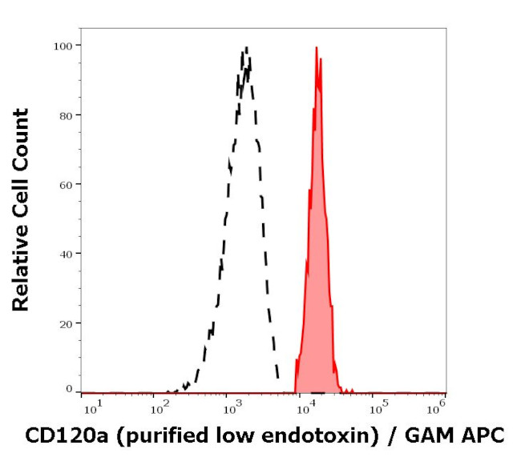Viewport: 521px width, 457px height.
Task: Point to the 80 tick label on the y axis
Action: [x=66, y=114]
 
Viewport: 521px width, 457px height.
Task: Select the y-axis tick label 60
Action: [x=66, y=184]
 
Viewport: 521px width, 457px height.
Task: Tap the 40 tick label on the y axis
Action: [x=66, y=254]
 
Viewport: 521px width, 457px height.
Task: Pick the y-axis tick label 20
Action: [x=66, y=323]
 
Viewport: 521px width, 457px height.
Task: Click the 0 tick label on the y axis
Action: [x=69, y=390]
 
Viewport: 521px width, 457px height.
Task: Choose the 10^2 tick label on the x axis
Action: [x=163, y=408]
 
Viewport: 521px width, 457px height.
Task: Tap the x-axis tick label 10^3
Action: [x=233, y=408]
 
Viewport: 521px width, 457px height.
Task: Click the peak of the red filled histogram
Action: [x=317, y=48]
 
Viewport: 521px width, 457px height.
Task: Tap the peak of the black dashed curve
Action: [x=246, y=49]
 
